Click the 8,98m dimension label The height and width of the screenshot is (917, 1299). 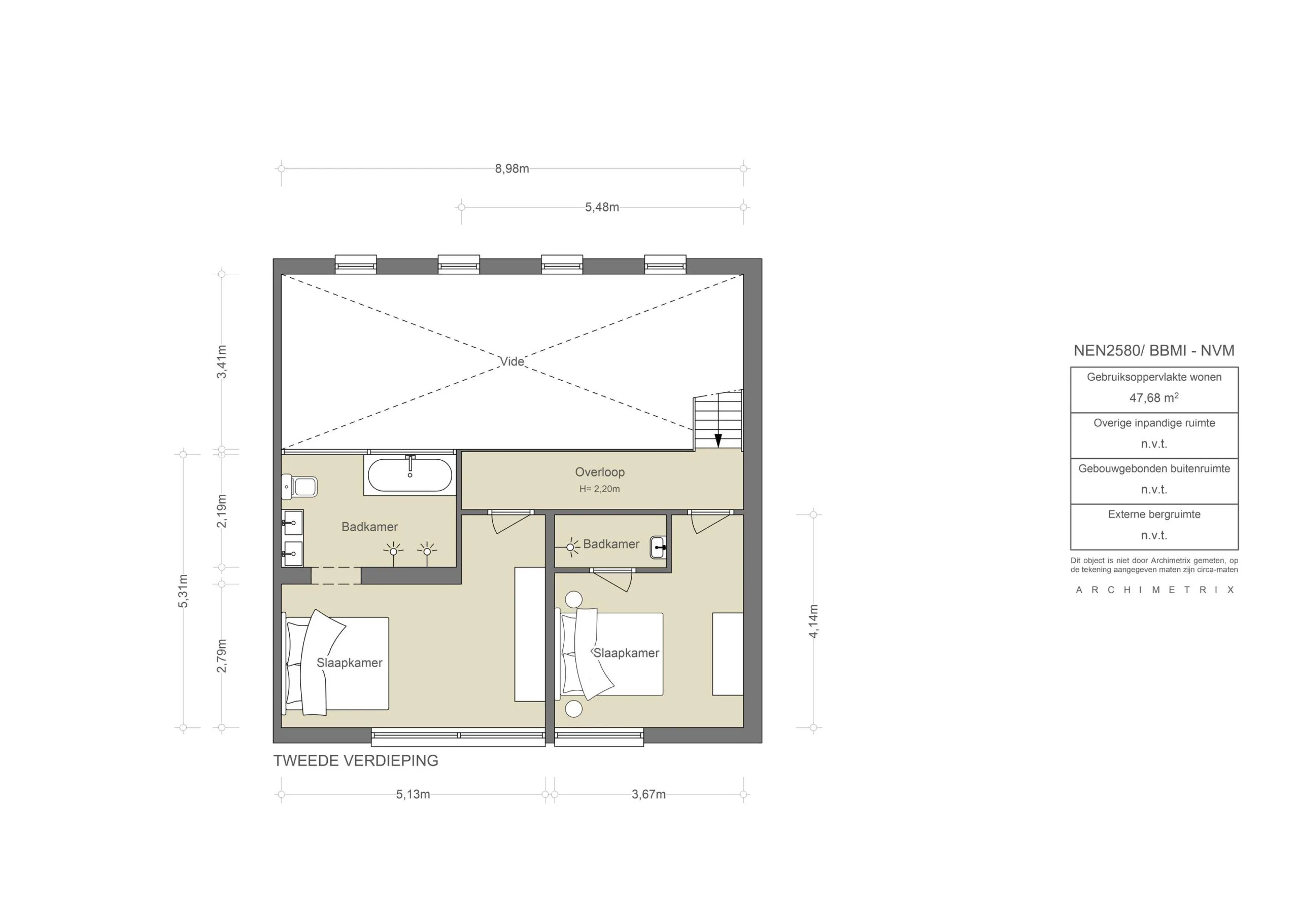click(x=511, y=168)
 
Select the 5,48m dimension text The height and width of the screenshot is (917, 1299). click(x=601, y=207)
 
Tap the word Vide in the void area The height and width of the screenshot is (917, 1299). click(x=511, y=361)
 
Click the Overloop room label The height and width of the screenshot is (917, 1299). click(x=599, y=471)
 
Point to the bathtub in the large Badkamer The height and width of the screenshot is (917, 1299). click(x=409, y=475)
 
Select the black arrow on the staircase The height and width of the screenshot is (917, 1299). click(x=718, y=439)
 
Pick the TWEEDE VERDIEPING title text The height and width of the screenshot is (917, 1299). click(x=355, y=760)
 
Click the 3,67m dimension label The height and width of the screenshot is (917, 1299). click(x=648, y=794)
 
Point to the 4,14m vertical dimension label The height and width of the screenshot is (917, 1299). click(x=813, y=621)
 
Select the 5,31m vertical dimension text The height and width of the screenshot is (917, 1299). click(x=183, y=590)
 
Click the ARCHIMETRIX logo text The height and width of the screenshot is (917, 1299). click(x=1154, y=590)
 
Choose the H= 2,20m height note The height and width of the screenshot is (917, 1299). click(x=599, y=489)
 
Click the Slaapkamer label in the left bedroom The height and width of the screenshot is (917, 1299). click(x=349, y=663)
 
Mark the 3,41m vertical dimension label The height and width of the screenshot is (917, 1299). click(x=222, y=361)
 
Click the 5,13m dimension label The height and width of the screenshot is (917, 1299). click(x=413, y=794)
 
